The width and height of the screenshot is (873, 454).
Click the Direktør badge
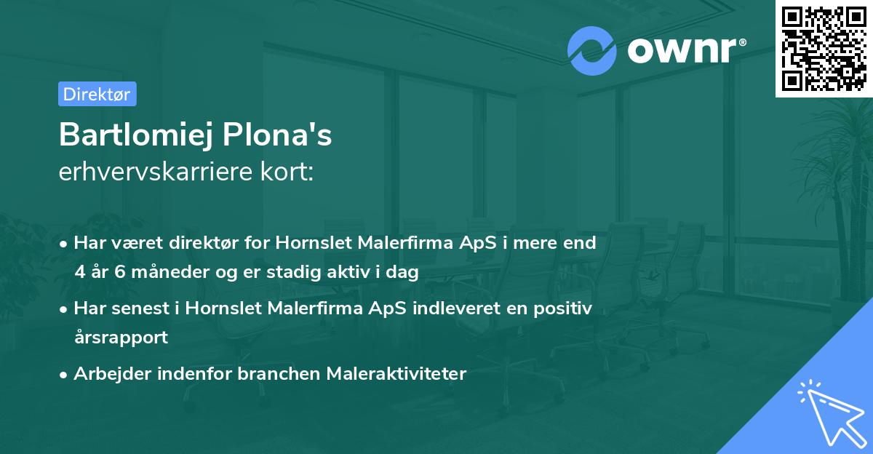tap(97, 94)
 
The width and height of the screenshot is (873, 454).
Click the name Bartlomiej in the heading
tap(137, 135)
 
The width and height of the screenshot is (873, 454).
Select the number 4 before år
tap(79, 272)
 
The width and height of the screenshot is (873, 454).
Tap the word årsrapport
tap(121, 338)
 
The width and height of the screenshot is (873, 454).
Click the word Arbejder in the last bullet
tap(106, 374)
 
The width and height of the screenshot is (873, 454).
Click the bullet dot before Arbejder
tap(65, 375)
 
